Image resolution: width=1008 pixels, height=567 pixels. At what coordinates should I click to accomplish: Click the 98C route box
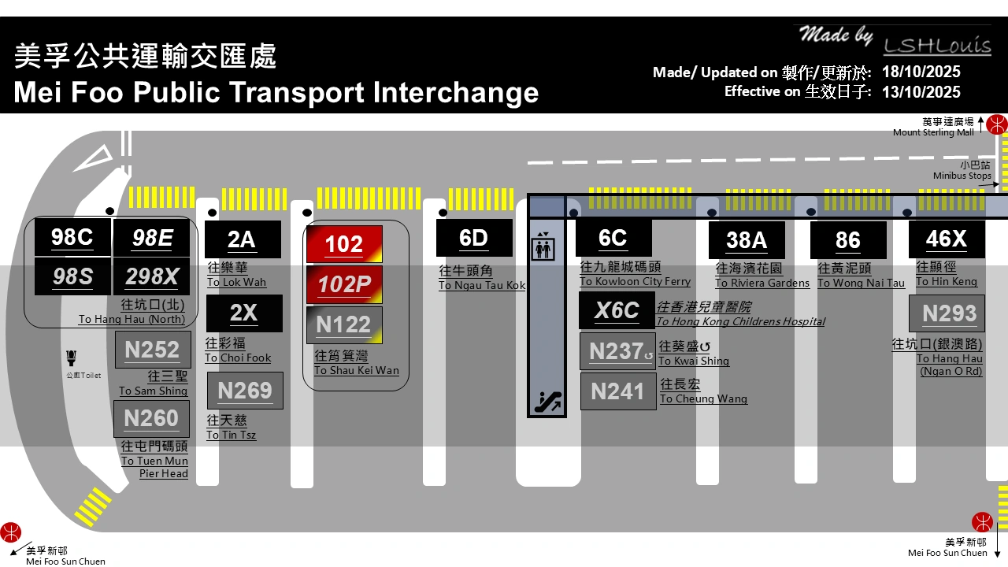(x=72, y=238)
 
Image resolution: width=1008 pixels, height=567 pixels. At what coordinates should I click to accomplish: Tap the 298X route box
(x=152, y=276)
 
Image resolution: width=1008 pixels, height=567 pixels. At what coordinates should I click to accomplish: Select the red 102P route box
(x=344, y=284)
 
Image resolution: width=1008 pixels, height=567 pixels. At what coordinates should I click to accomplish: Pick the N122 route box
(x=344, y=324)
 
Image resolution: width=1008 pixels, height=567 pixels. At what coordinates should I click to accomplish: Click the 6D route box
(x=474, y=238)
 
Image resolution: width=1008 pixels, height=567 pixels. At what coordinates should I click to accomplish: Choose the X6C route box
(x=617, y=310)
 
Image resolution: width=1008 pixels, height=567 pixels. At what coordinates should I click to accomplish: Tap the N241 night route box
(x=618, y=391)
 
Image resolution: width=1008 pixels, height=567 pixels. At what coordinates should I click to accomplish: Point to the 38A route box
(x=747, y=240)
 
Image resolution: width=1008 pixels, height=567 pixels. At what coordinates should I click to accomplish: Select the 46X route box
(x=947, y=238)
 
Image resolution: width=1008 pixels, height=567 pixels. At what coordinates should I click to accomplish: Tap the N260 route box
(x=152, y=418)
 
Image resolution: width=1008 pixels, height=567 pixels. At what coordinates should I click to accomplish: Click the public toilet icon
(x=72, y=358)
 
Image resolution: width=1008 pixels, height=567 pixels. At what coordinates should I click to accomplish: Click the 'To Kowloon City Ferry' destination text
(x=635, y=282)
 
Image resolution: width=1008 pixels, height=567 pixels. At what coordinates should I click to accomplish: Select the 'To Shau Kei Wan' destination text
(x=357, y=371)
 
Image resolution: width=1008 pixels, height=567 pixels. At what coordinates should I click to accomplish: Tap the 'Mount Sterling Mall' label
(x=933, y=133)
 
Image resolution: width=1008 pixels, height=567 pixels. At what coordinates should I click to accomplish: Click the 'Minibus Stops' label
(x=962, y=176)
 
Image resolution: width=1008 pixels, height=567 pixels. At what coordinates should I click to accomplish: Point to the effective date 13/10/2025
(x=921, y=92)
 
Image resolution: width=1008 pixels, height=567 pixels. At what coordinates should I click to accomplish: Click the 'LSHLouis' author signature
(x=937, y=46)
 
